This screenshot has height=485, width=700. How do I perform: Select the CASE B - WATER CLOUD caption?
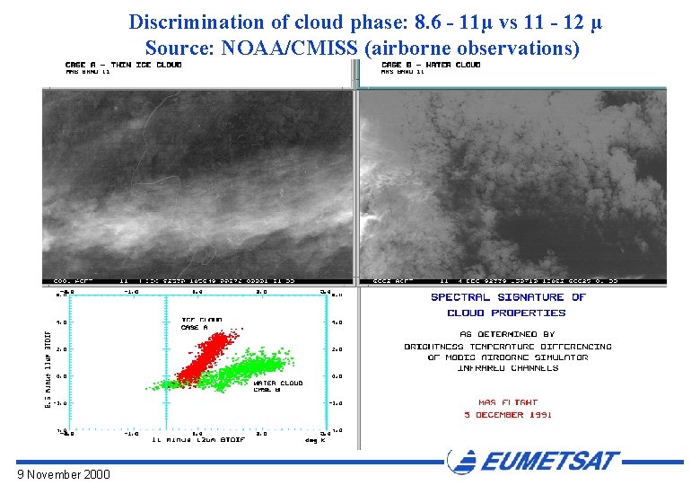click(x=431, y=65)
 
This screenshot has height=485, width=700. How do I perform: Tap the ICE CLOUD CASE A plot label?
click(x=202, y=323)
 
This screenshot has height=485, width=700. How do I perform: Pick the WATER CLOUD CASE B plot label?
click(x=277, y=385)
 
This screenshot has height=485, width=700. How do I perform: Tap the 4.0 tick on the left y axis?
click(x=60, y=321)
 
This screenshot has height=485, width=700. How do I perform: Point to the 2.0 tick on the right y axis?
click(x=339, y=348)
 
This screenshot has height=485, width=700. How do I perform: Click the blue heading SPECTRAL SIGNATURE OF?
click(x=508, y=297)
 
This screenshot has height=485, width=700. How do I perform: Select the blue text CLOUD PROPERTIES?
click(x=506, y=313)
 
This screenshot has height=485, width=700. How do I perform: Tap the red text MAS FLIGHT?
click(x=506, y=402)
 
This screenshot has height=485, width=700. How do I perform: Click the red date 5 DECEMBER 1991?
click(x=507, y=415)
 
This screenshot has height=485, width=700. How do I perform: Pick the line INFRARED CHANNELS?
click(x=507, y=368)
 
